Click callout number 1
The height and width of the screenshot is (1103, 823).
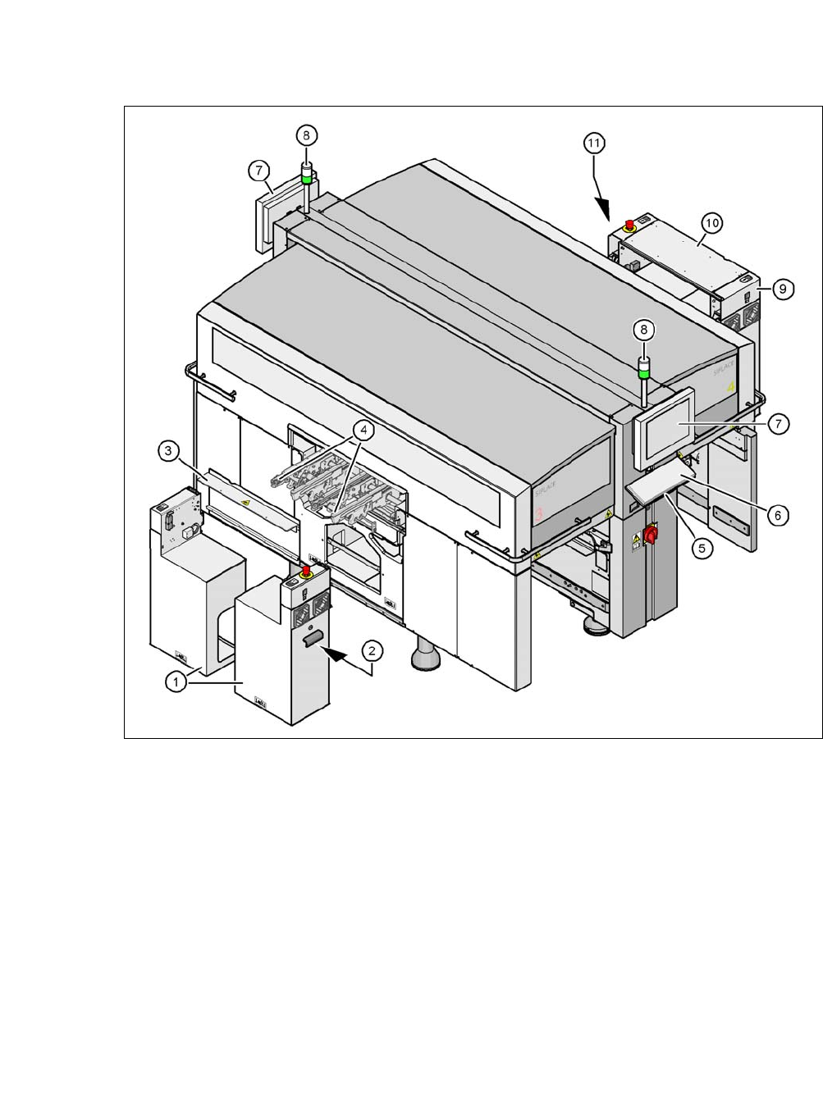click(175, 681)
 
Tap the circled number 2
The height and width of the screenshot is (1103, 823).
click(372, 651)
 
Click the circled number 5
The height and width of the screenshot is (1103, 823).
click(702, 548)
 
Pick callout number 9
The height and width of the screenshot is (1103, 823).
click(783, 289)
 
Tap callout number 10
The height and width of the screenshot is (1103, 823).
click(711, 223)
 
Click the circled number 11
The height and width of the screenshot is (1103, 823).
click(594, 143)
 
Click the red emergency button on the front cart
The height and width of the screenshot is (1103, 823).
click(305, 570)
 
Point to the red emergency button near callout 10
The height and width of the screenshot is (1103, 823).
click(629, 224)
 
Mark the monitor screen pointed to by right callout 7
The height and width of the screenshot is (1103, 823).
click(665, 429)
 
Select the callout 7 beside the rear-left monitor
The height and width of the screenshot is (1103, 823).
click(259, 171)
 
